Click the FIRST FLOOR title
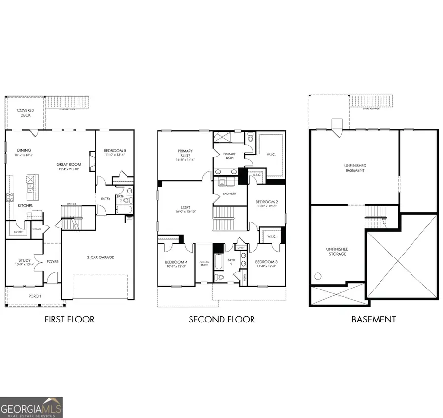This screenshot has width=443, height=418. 69,320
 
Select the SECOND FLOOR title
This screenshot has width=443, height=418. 221,320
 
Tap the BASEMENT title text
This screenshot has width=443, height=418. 373,320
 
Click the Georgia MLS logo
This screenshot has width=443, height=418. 32,408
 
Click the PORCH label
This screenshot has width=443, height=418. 34,296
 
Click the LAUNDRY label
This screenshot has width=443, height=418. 230,193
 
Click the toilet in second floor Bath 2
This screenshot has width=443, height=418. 221,277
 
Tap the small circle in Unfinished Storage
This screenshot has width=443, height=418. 318,276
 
